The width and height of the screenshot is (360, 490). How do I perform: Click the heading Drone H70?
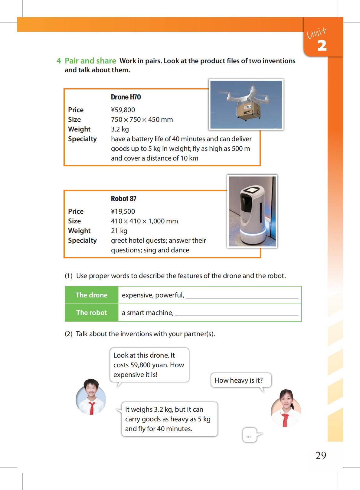tap(126, 97)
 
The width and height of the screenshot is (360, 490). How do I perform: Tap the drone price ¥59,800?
tap(123, 110)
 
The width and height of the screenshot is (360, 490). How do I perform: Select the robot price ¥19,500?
tap(123, 211)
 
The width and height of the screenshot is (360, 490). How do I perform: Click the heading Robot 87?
tap(123, 199)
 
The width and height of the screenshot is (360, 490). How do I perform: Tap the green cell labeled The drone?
tap(91, 295)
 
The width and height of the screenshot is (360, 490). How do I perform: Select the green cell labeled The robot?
tap(91, 313)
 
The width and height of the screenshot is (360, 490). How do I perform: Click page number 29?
tap(321, 455)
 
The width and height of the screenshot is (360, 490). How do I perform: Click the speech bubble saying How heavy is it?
tap(241, 380)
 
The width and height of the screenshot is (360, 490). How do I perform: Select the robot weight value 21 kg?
tap(119, 231)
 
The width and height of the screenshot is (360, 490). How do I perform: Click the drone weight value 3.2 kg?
tap(120, 129)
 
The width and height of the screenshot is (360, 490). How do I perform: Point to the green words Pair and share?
tap(90, 61)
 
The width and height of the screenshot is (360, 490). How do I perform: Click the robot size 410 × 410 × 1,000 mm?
tap(144, 221)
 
